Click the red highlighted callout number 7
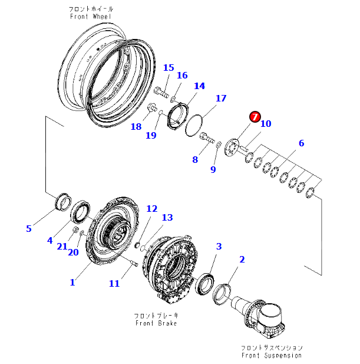click(x=255, y=116)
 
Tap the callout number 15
click(x=169, y=67)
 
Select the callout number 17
click(x=220, y=98)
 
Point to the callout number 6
click(x=301, y=143)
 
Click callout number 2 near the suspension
click(x=242, y=259)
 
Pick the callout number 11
click(x=114, y=284)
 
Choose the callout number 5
click(x=28, y=228)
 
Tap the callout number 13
click(x=167, y=218)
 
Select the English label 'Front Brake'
click(x=156, y=323)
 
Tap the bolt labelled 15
click(x=161, y=91)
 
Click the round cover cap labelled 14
click(x=178, y=114)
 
